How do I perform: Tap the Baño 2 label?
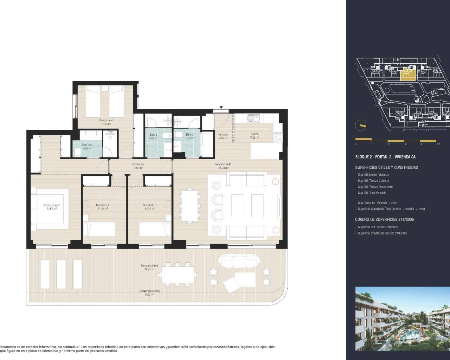[x=153, y=135]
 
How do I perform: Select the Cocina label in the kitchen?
[x=255, y=134]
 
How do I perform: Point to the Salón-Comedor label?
[x=223, y=165]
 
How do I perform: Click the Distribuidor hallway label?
[x=138, y=165]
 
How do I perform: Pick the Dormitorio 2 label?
[x=103, y=205]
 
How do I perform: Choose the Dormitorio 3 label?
[x=149, y=205]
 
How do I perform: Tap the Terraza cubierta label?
[x=150, y=266]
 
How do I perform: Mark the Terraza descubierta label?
[x=149, y=291]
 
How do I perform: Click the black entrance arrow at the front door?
[x=221, y=108]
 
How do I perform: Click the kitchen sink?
[x=253, y=119]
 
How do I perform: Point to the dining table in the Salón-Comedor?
[x=189, y=205]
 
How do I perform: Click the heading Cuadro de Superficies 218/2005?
[x=384, y=219]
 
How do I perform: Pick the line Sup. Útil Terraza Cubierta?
[x=373, y=181]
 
